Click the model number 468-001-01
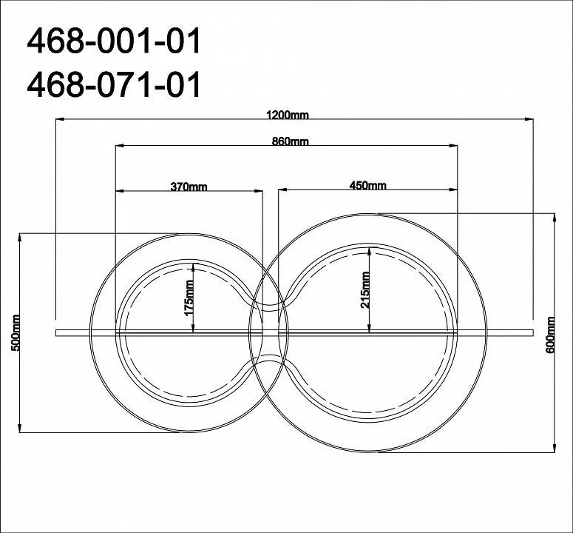coord(114,41)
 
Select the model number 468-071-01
coord(114,84)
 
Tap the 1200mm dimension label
coord(288,115)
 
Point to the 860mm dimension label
coord(290,141)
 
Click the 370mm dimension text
coord(189,187)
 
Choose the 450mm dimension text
coord(367,186)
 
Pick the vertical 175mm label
coord(189,298)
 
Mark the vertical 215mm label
coord(365,289)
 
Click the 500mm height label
coord(16,332)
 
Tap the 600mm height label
coord(550,335)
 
